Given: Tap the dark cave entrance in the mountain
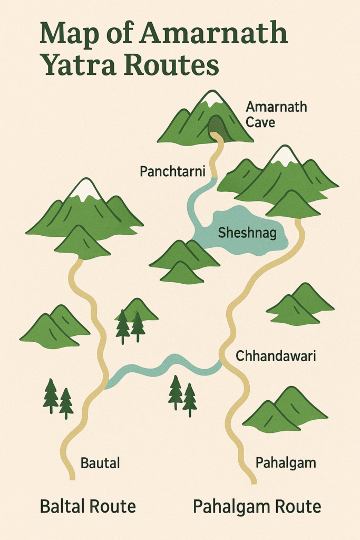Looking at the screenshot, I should [x=216, y=127].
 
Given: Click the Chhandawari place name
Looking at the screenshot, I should [x=276, y=356].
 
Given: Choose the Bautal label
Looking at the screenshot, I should [x=100, y=464].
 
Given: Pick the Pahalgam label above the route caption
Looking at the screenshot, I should [x=286, y=463].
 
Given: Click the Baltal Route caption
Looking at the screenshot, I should [x=88, y=507].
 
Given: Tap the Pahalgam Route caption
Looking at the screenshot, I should [x=257, y=507].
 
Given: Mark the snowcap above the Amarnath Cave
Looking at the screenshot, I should [x=213, y=99].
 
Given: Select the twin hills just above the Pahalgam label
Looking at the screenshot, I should [x=285, y=409].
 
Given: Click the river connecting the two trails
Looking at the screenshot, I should [x=163, y=366].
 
